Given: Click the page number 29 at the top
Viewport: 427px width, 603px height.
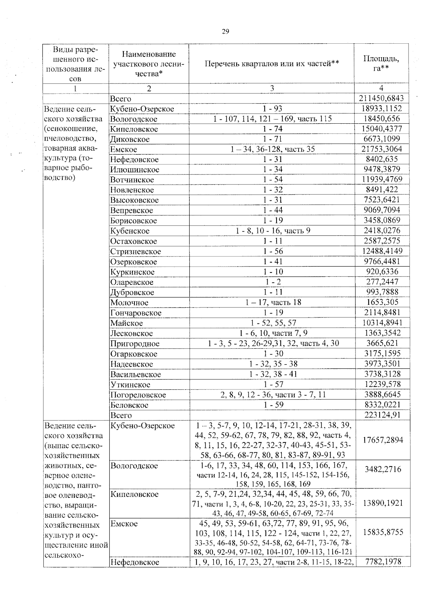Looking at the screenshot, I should [x=225, y=31].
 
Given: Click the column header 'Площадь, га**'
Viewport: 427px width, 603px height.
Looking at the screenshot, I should [x=381, y=63].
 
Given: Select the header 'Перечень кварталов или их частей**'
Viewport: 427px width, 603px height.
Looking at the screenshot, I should [x=272, y=64].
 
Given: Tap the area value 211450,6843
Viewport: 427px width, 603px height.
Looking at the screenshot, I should [x=381, y=98].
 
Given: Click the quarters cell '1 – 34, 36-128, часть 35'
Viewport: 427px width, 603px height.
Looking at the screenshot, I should [x=273, y=149].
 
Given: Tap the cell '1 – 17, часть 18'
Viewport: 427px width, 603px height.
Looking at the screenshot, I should [x=273, y=302].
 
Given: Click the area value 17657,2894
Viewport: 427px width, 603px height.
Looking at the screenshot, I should [x=383, y=440].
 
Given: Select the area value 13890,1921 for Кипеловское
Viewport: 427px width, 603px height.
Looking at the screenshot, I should [x=383, y=503].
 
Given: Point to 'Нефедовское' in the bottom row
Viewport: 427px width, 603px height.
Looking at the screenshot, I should [x=135, y=562].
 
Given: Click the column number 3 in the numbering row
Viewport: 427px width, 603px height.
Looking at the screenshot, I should [x=272, y=88].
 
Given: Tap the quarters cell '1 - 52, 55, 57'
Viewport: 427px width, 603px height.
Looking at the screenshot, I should [x=273, y=323].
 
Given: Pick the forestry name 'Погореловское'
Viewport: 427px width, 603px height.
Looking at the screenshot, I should [x=138, y=395].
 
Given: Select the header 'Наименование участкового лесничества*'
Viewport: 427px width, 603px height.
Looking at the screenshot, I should [x=149, y=64].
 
